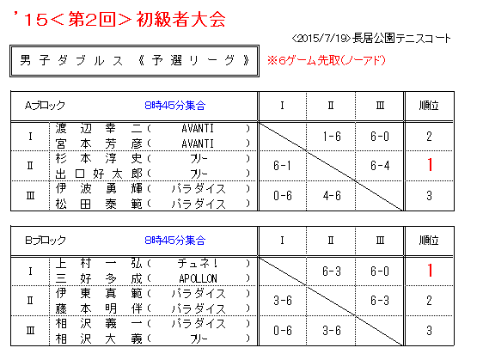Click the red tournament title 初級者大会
click(x=180, y=20)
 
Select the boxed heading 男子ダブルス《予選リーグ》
click(x=134, y=61)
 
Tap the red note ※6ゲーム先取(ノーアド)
click(x=327, y=60)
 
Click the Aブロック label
click(x=45, y=106)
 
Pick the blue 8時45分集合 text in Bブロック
click(x=175, y=241)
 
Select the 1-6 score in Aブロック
click(x=332, y=136)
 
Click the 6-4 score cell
click(x=380, y=166)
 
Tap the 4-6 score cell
click(x=332, y=196)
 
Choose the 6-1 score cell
click(x=282, y=166)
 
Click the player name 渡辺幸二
click(x=99, y=128)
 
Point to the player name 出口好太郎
click(x=99, y=174)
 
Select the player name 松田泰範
click(x=99, y=204)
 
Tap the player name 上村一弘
click(x=99, y=263)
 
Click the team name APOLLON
click(x=198, y=278)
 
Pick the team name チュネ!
click(x=198, y=263)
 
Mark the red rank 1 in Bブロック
click(x=430, y=271)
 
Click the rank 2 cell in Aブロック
click(x=429, y=136)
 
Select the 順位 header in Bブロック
click(x=429, y=241)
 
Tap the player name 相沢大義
click(x=99, y=339)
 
